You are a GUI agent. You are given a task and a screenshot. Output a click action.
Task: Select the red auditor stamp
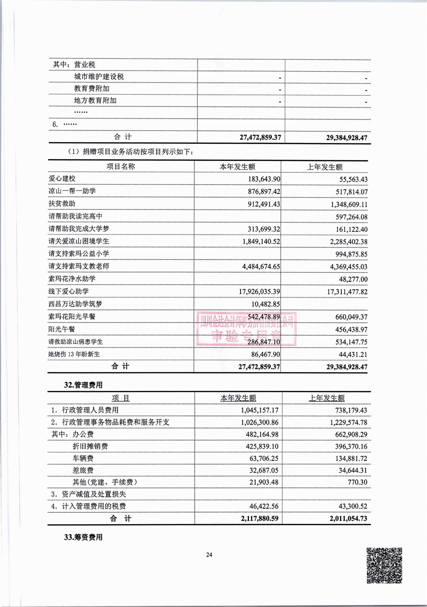[x=246, y=329]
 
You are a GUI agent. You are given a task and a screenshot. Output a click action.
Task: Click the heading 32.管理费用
[x=83, y=385]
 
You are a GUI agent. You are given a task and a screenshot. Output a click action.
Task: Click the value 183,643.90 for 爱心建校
[x=264, y=179]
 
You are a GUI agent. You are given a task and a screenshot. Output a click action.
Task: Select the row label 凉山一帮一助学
[x=72, y=191]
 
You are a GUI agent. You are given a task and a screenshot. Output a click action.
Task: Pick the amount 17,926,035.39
[x=259, y=291]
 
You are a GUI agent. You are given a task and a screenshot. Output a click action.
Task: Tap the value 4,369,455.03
[x=348, y=266]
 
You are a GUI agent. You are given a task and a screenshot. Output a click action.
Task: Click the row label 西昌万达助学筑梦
[x=75, y=304]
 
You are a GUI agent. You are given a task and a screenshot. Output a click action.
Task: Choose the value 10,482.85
[x=265, y=304]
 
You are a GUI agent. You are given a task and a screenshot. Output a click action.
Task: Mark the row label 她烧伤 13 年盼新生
[x=74, y=354]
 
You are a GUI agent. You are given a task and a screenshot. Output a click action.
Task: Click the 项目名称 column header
[x=121, y=166]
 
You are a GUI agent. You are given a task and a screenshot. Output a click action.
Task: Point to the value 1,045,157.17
[x=259, y=410]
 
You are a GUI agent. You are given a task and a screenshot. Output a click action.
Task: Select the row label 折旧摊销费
[x=90, y=446]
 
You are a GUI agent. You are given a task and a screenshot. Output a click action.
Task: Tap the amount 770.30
[x=357, y=482]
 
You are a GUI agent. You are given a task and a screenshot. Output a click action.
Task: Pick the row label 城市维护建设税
[x=99, y=77]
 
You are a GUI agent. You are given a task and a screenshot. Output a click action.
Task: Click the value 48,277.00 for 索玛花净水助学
[x=353, y=279]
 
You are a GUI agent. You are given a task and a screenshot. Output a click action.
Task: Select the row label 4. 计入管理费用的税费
[x=88, y=506]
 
